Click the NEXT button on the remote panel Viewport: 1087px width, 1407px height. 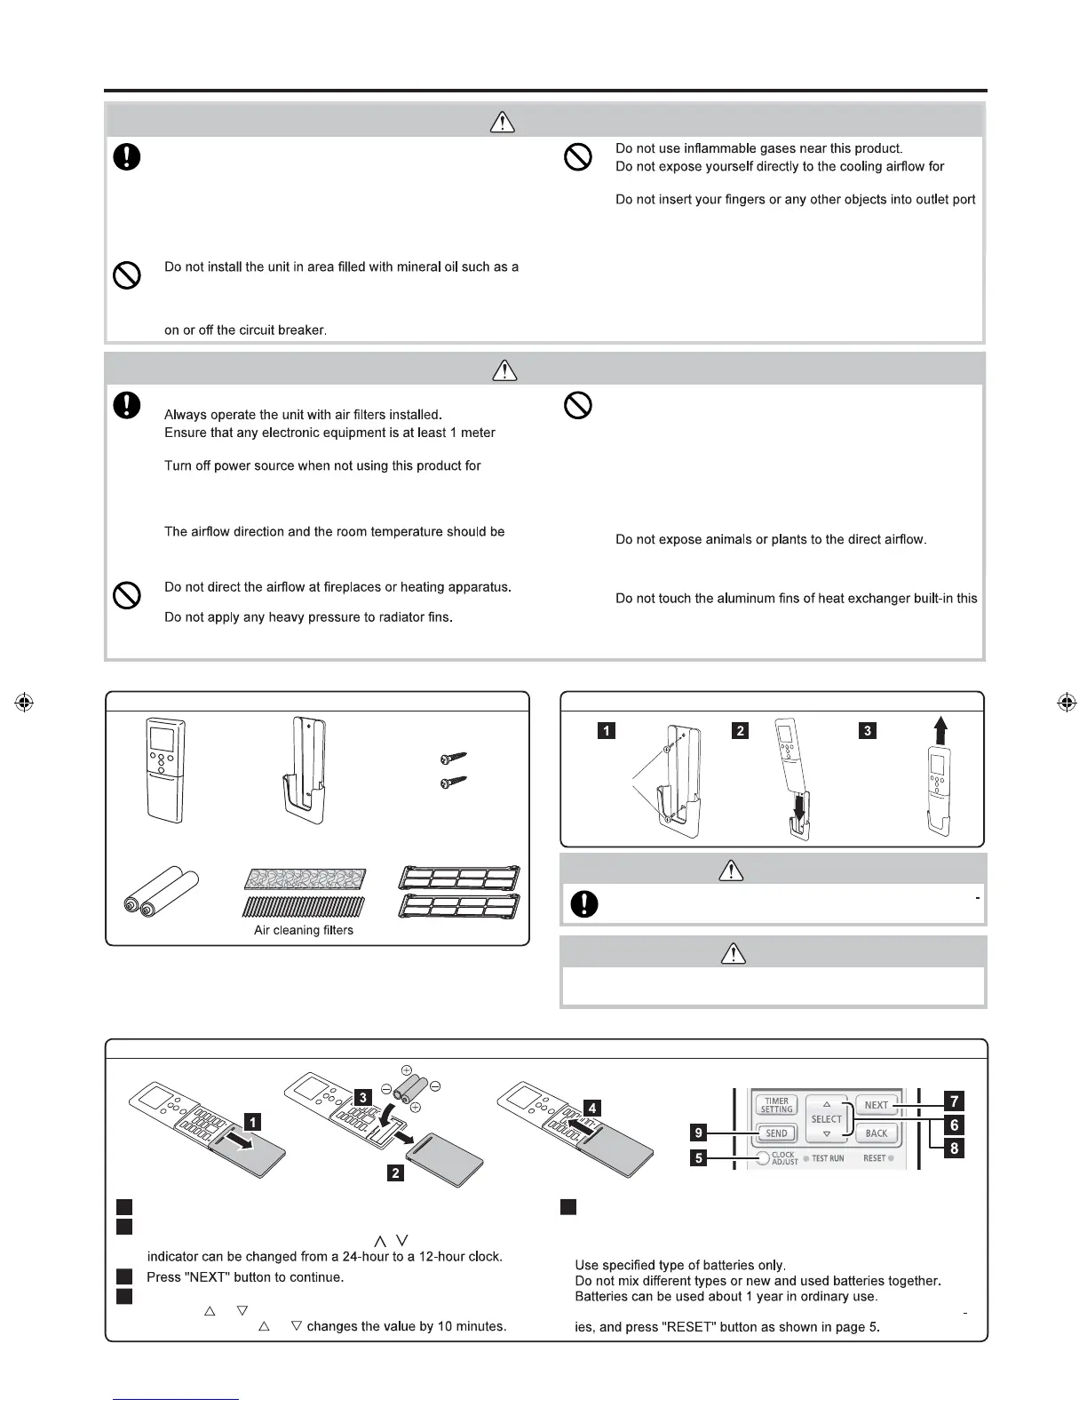(876, 1105)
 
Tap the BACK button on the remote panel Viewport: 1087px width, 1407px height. (876, 1133)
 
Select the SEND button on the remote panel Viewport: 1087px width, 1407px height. (776, 1133)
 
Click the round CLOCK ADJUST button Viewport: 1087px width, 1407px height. (763, 1158)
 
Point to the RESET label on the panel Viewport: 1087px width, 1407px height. (874, 1158)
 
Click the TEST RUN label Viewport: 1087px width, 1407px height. (828, 1158)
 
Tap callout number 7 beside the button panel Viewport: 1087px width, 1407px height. (954, 1101)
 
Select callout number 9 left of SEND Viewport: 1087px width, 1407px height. (700, 1133)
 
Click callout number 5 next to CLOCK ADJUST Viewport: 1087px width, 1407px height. (700, 1158)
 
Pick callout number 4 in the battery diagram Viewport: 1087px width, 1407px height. (591, 1108)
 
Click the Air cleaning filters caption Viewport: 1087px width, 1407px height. (304, 930)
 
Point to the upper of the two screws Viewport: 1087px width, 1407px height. (454, 758)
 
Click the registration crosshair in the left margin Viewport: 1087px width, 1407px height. (25, 702)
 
